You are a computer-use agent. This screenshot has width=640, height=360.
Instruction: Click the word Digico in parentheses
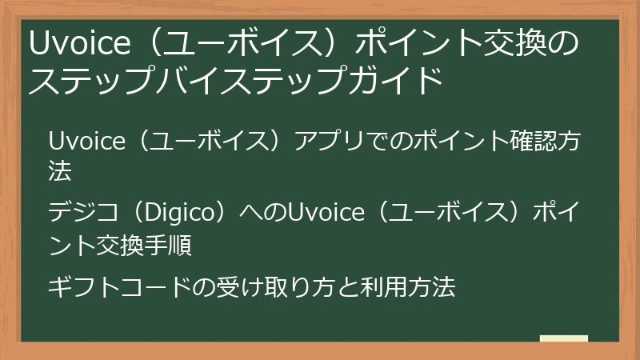click(x=180, y=214)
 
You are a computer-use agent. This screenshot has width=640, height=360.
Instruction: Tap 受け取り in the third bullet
click(x=261, y=286)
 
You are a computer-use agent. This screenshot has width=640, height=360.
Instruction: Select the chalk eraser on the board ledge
click(x=563, y=338)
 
